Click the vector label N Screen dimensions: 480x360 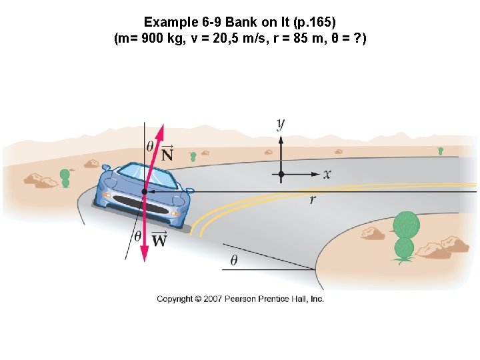click(167, 155)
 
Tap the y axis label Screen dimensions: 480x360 click(281, 123)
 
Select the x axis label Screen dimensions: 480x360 click(327, 174)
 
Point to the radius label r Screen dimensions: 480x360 click(313, 199)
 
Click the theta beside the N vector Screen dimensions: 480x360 click(150, 146)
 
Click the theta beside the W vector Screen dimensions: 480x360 click(137, 236)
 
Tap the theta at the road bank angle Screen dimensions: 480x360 click(233, 261)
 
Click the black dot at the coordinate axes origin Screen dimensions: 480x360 click(281, 174)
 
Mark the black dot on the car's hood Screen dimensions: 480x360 click(144, 191)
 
